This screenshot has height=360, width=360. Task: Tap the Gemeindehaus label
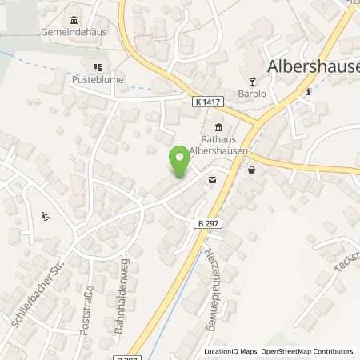coord(74,33)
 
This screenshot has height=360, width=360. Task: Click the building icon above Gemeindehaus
coord(74,20)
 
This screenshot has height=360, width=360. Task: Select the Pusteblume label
coord(99,81)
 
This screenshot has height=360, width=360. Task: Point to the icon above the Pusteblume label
coord(99,68)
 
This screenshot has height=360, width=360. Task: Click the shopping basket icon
coord(253,170)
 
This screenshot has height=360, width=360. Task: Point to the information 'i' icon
coord(310,91)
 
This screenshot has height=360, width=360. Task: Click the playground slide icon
coord(45,216)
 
